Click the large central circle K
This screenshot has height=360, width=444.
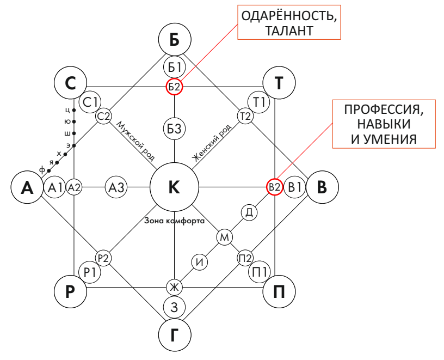174,187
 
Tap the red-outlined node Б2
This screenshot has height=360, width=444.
174,86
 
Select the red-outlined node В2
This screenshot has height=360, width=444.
274,187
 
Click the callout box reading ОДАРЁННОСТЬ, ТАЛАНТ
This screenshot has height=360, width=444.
289,23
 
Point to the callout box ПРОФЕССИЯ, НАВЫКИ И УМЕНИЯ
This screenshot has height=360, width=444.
384,124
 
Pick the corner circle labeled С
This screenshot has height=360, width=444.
71,83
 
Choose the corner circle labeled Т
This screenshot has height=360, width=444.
279,83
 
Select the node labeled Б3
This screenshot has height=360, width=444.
174,129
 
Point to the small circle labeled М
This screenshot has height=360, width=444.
225,237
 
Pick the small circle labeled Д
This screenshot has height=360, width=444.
249,212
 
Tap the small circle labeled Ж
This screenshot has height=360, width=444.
174,287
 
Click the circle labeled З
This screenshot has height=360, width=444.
174,307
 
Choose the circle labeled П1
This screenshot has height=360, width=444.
260,271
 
